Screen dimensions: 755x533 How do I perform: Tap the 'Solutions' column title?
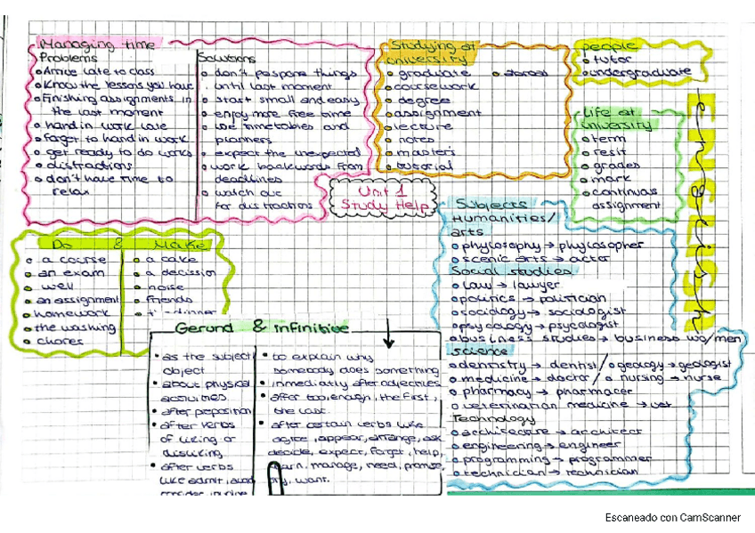click(226, 59)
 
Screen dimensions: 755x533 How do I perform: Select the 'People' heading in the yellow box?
click(610, 45)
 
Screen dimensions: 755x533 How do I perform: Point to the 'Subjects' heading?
click(490, 203)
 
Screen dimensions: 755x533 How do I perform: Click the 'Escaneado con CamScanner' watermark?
click(673, 516)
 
